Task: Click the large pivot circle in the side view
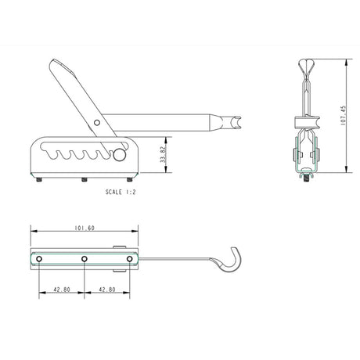click(119, 156)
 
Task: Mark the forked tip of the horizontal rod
click(235, 122)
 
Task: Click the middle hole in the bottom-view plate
click(83, 259)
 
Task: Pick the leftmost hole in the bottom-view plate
click(34, 259)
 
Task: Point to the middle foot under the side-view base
click(84, 181)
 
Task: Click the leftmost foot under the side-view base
click(39, 181)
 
